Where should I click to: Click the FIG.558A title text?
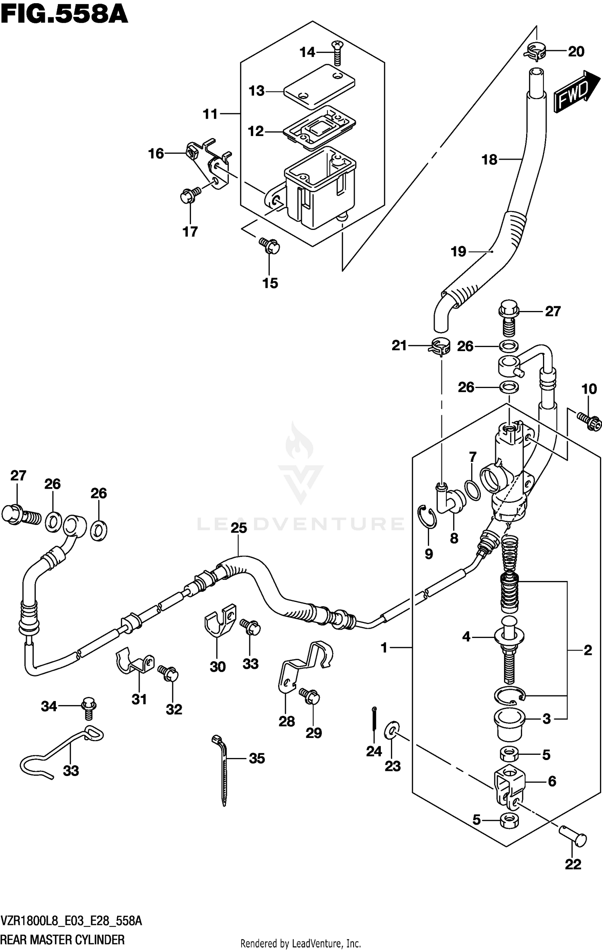(64, 15)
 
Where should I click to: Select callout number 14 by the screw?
(307, 52)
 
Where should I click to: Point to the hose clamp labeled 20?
(535, 51)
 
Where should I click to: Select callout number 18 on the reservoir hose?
(489, 160)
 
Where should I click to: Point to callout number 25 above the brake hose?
(238, 528)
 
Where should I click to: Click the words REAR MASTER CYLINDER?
(63, 940)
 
